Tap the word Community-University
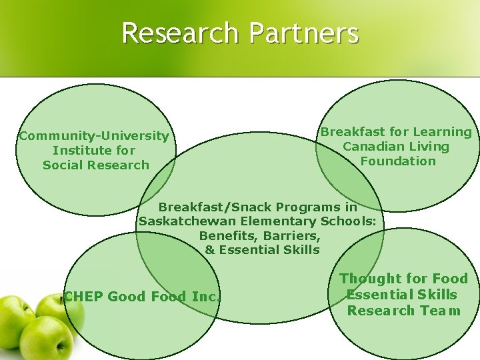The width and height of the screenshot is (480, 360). [94, 136]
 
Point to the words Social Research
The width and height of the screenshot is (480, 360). [96, 165]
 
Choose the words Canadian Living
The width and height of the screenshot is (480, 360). [396, 147]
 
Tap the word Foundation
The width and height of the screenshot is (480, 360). [398, 161]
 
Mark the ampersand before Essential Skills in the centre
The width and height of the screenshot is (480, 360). [210, 251]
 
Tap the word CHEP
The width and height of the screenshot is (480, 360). [83, 297]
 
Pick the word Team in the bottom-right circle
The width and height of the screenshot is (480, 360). [441, 311]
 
